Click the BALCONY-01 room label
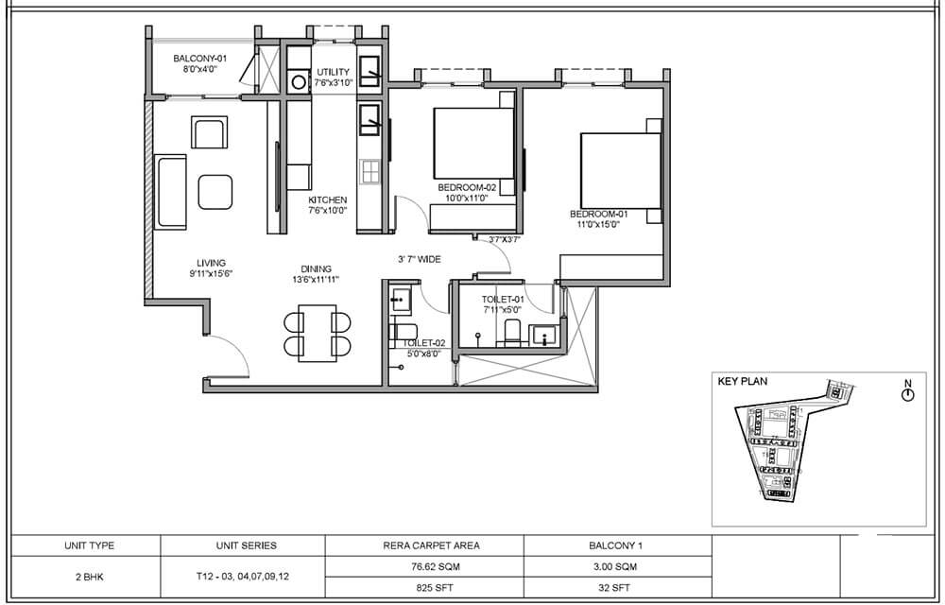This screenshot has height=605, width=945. pos(196,60)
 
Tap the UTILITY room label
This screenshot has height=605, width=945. pos(334,72)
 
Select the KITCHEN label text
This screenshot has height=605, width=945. pos(328,200)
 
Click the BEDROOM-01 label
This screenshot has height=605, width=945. pos(599,214)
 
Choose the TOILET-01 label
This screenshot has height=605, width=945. pos(502,299)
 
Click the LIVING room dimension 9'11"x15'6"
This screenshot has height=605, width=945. pos(210,274)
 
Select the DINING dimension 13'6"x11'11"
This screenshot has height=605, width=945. pos(316,279)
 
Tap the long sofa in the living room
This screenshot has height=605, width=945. pos(171,191)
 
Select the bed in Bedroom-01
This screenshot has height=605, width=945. pos(620,170)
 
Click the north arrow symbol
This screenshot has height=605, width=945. pos(907,393)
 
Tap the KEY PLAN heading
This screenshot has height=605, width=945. pos(743,382)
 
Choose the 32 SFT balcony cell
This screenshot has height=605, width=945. pos(615,586)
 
